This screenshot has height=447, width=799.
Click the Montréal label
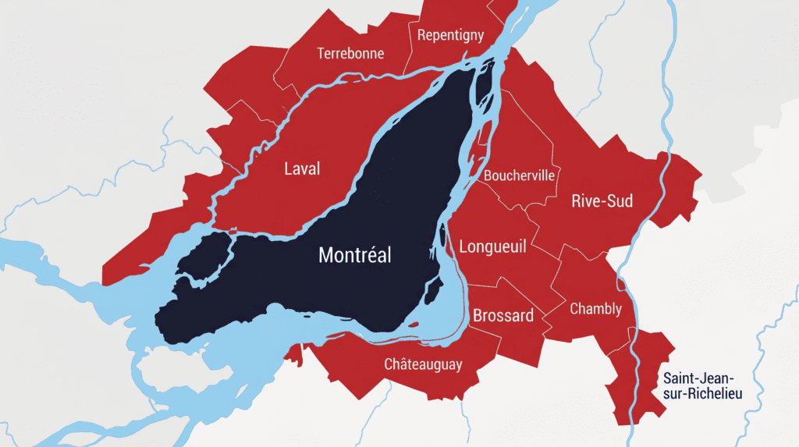pyautogui.click(x=355, y=255)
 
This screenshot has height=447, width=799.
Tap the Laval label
pyautogui.click(x=302, y=169)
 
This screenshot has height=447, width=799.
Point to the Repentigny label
pyautogui.click(x=450, y=35)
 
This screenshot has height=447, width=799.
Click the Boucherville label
pyautogui.click(x=519, y=176)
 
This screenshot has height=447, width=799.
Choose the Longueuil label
pyautogui.click(x=492, y=247)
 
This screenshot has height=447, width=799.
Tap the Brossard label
pyautogui.click(x=503, y=316)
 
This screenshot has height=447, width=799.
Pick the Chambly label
pyautogui.click(x=595, y=309)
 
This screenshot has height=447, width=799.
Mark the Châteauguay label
pyautogui.click(x=423, y=364)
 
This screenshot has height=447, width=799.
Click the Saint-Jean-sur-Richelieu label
pyautogui.click(x=702, y=385)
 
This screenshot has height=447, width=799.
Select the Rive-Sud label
pyautogui.click(x=602, y=201)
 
